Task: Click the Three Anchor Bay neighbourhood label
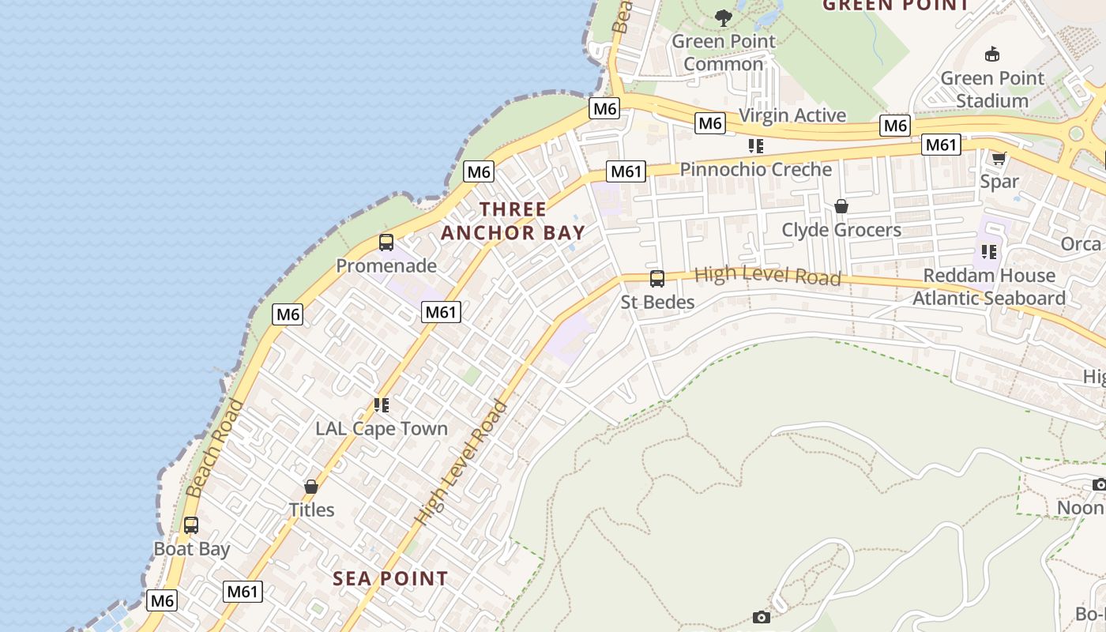pyautogui.click(x=513, y=221)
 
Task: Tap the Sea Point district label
pyautogui.click(x=390, y=578)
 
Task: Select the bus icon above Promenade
pyautogui.click(x=386, y=243)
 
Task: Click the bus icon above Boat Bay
pyautogui.click(x=191, y=525)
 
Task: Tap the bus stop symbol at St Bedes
pyautogui.click(x=657, y=278)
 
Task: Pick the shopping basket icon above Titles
pyautogui.click(x=311, y=486)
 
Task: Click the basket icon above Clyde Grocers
pyautogui.click(x=841, y=206)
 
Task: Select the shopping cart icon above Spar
pyautogui.click(x=999, y=158)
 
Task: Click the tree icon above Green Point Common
pyautogui.click(x=723, y=17)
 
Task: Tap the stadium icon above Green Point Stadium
pyautogui.click(x=992, y=55)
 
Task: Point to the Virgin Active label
pyautogui.click(x=792, y=115)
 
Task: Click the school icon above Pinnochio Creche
pyautogui.click(x=756, y=146)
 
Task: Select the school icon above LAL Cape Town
pyautogui.click(x=382, y=405)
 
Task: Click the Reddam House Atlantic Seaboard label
pyautogui.click(x=989, y=287)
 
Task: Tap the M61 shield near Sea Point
pyautogui.click(x=243, y=591)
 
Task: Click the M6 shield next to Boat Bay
pyautogui.click(x=162, y=600)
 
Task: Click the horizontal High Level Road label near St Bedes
pyautogui.click(x=767, y=276)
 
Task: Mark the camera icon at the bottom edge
pyautogui.click(x=762, y=617)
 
